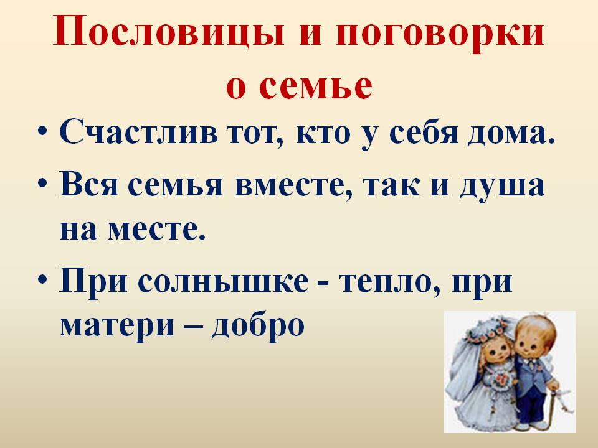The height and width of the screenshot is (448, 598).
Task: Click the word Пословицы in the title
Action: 169,32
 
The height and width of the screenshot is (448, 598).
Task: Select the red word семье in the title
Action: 315,85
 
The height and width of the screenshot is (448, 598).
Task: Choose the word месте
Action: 156,230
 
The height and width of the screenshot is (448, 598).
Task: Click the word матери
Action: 117,325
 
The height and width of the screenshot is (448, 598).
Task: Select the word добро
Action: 258,325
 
